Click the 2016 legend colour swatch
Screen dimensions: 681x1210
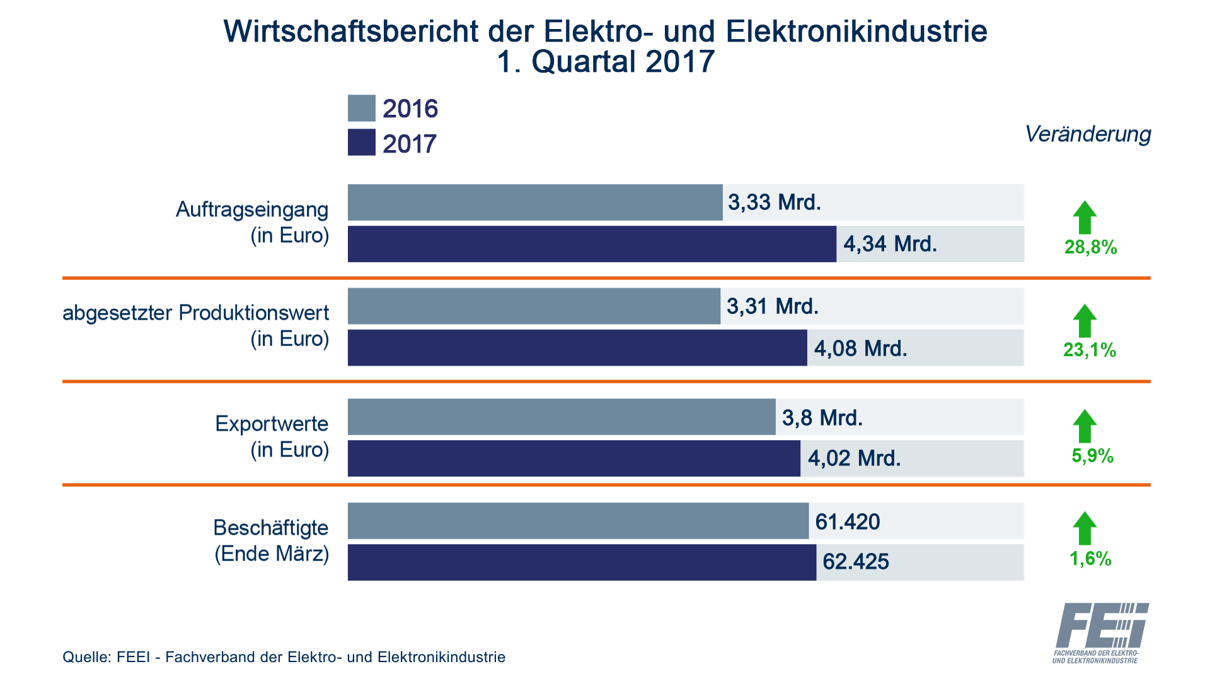click(x=361, y=108)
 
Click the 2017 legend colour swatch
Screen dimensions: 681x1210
click(x=361, y=143)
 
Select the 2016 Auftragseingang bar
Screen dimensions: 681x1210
click(x=534, y=202)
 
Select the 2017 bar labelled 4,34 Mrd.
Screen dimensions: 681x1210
click(x=591, y=244)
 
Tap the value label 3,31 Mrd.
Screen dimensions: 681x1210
click(x=773, y=306)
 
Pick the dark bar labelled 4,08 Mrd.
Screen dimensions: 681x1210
click(x=577, y=347)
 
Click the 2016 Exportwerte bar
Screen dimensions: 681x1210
click(x=561, y=417)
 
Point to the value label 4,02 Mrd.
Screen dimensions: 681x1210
click(x=854, y=458)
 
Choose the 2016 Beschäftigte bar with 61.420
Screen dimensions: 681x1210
click(x=577, y=521)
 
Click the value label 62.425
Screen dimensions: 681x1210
click(x=855, y=562)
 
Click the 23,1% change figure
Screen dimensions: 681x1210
click(x=1090, y=350)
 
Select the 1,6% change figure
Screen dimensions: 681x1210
click(x=1090, y=559)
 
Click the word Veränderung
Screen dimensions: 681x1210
click(x=1088, y=134)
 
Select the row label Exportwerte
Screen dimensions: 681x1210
click(x=272, y=424)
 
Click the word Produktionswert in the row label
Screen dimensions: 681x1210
click(x=254, y=313)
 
